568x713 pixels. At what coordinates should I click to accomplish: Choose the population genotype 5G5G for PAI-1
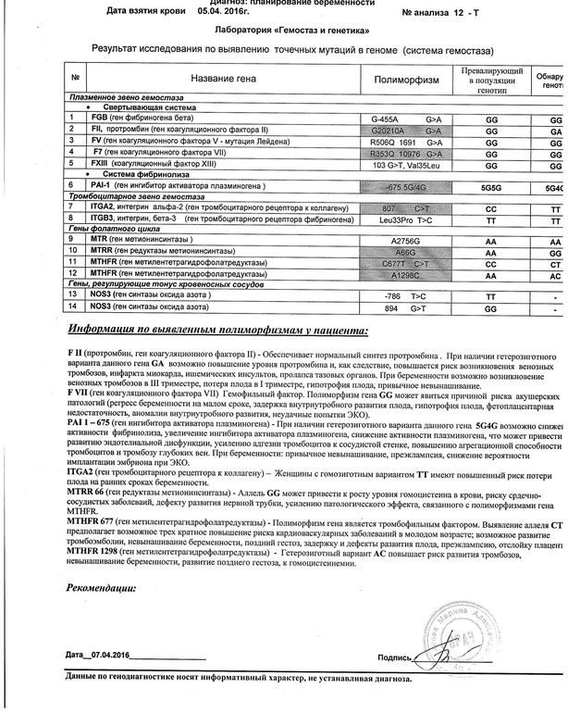492,187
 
